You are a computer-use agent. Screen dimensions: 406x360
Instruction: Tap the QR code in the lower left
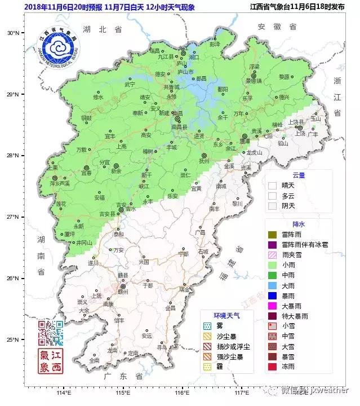pyautogui.click(x=51, y=333)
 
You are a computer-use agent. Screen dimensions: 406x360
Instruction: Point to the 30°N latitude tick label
pyautogui.click(x=13, y=33)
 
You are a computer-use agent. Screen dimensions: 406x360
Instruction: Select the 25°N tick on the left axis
pyautogui.click(x=13, y=339)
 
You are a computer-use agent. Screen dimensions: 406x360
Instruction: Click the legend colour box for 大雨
pyautogui.click(x=273, y=285)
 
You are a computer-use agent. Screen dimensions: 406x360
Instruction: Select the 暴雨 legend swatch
pyautogui.click(x=273, y=295)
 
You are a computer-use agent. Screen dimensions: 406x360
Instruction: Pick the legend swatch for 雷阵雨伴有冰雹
pyautogui.click(x=273, y=245)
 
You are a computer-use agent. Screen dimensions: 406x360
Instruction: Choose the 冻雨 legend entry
pyautogui.click(x=273, y=367)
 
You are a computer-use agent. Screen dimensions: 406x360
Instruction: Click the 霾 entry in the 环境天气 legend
pyautogui.click(x=207, y=367)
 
